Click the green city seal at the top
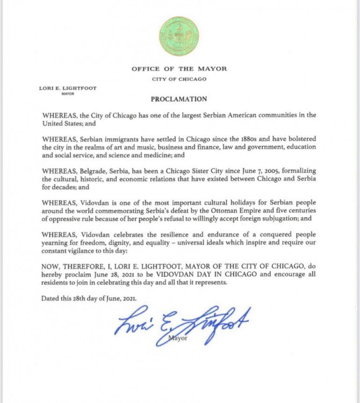click(179, 37)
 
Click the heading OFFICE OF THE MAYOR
click(179, 69)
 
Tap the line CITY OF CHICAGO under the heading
click(179, 79)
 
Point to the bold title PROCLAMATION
click(179, 99)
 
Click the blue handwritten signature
click(182, 324)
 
